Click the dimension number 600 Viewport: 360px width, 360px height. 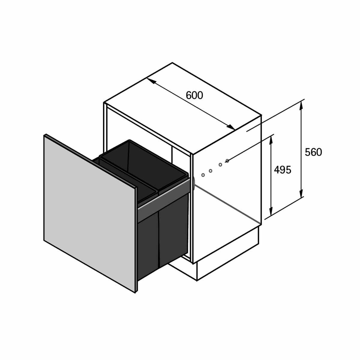pos(194,95)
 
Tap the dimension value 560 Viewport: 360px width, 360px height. pos(313,152)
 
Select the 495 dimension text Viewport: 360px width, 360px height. pos(283,170)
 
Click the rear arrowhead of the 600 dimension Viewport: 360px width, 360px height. pos(151,82)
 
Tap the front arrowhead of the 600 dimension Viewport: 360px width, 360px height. pos(230,127)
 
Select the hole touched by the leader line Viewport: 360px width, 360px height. pos(227,161)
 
